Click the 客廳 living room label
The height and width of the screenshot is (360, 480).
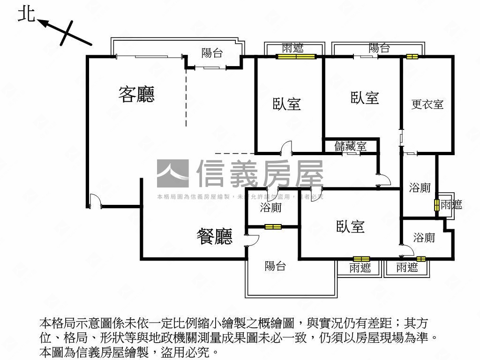point(136,94)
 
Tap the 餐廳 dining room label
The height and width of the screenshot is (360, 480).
point(214,236)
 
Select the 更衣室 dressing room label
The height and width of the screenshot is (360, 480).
point(427,104)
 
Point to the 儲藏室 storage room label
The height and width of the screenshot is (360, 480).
point(350,146)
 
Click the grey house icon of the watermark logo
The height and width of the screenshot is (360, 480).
point(172,173)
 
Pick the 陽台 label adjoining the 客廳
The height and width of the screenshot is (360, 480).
point(212,53)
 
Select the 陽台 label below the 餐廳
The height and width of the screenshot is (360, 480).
point(275,266)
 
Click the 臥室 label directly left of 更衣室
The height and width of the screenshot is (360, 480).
point(365,98)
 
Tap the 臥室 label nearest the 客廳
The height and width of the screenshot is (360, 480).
point(287,104)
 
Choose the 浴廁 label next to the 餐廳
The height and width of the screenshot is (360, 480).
point(271,207)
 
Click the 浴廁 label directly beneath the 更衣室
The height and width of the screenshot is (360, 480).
point(420,188)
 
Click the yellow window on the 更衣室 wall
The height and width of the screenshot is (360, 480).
point(412,57)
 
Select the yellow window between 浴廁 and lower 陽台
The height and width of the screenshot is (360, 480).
point(273,227)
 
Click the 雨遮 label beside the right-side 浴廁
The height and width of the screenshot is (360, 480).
point(451,204)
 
